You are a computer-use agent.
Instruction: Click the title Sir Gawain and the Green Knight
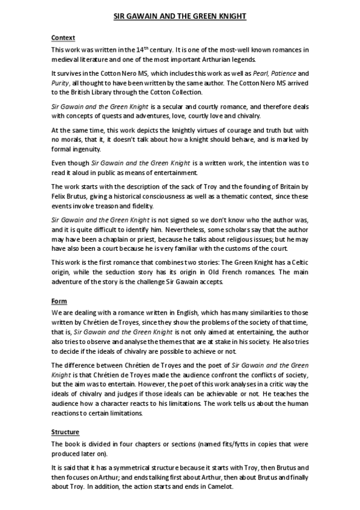pos(180,17)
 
